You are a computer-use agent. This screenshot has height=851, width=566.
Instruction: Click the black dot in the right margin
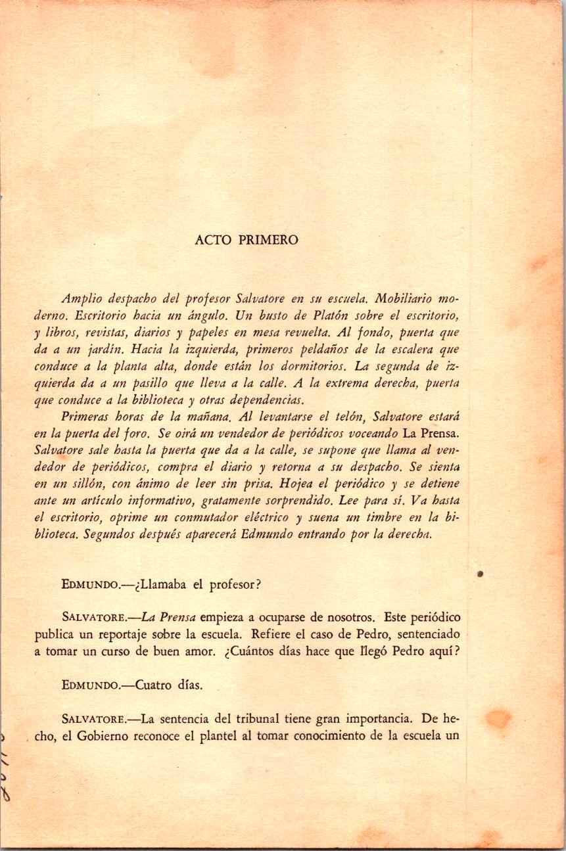481,574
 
